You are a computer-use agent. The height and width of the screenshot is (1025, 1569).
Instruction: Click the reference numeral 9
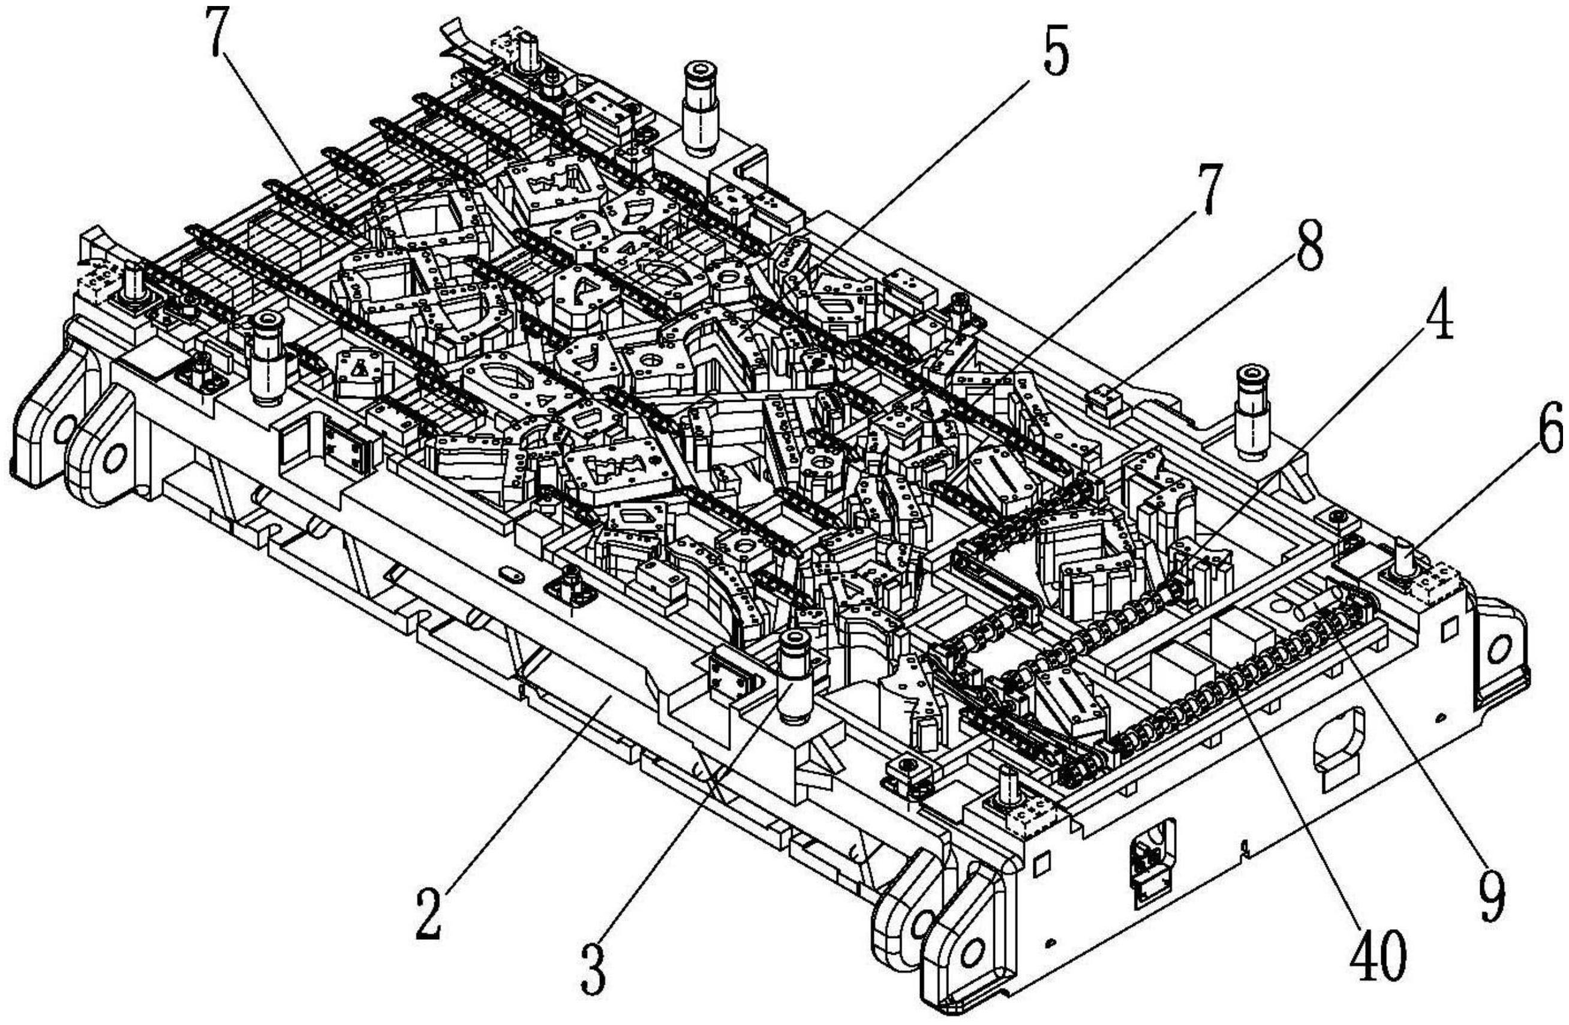(x=1491, y=897)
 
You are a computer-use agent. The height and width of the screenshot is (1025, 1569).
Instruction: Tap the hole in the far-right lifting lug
(x=1502, y=650)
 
